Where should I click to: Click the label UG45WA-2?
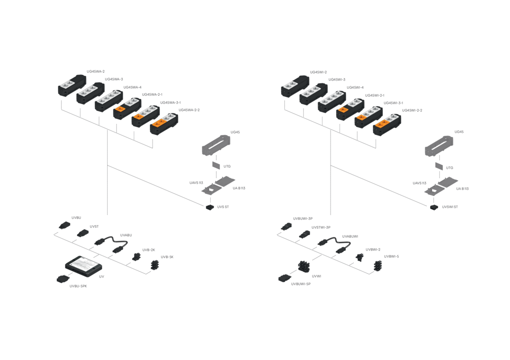[95, 71]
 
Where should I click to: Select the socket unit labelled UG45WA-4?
[109, 100]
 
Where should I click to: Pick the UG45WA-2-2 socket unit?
[164, 124]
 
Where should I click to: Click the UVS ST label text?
[223, 207]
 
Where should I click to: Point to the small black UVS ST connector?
[210, 207]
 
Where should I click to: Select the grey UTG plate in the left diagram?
[216, 166]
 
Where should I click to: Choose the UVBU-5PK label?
[78, 286]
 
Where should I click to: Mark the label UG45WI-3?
[337, 80]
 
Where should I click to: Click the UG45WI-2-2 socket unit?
[387, 125]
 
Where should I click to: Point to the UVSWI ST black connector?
[434, 207]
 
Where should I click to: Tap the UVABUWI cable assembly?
[334, 245]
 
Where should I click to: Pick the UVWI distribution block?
[304, 267]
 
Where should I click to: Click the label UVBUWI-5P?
[301, 284]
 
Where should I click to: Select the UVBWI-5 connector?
[377, 266]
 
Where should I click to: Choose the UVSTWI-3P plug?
[305, 234]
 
